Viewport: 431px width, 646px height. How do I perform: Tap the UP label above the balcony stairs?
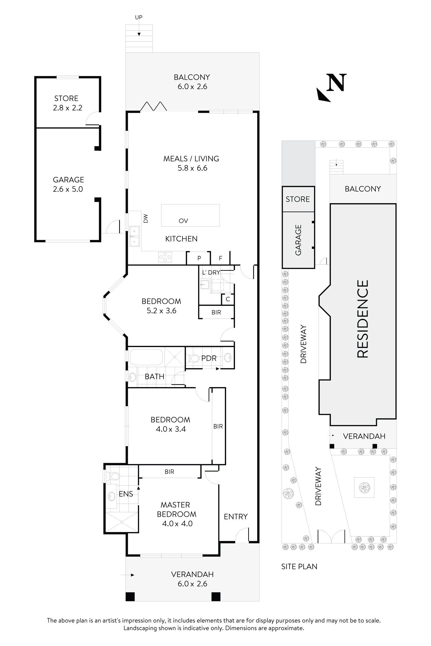pyautogui.click(x=138, y=17)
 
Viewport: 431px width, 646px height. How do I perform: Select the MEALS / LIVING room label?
pyautogui.click(x=191, y=159)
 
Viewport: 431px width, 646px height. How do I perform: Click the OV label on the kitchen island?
pyautogui.click(x=183, y=221)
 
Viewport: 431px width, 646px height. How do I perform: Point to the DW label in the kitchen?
pyautogui.click(x=146, y=218)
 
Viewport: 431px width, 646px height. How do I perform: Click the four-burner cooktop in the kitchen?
pyautogui.click(x=165, y=257)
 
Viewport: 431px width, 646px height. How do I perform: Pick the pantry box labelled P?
pyautogui.click(x=199, y=258)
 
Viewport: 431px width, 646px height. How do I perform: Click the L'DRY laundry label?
pyautogui.click(x=211, y=273)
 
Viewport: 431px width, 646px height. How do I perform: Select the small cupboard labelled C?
pyautogui.click(x=228, y=299)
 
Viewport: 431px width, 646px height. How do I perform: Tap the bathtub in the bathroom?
pyautogui.click(x=146, y=357)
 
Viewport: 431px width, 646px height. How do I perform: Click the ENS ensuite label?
pyautogui.click(x=126, y=494)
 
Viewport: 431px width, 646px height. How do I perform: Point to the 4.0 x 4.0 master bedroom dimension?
pyautogui.click(x=177, y=523)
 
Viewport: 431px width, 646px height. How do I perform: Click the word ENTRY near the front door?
pyautogui.click(x=236, y=517)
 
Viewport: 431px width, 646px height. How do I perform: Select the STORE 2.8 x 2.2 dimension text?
pyautogui.click(x=68, y=108)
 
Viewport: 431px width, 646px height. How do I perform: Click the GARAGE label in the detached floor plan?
pyautogui.click(x=68, y=180)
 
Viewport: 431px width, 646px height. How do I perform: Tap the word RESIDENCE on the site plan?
pyautogui.click(x=363, y=319)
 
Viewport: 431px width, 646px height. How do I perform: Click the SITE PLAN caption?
pyautogui.click(x=299, y=566)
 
